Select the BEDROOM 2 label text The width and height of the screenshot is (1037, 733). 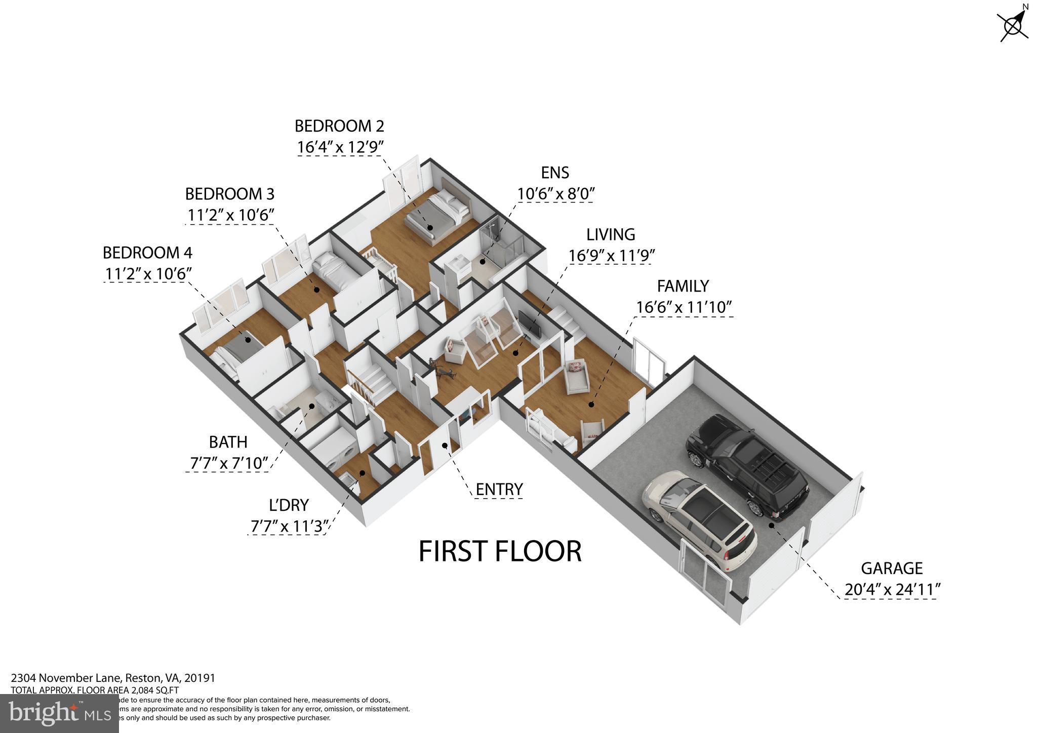coord(339,126)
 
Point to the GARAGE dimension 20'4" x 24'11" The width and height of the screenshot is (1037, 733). coord(892,590)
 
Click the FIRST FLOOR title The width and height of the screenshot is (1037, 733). coord(500,551)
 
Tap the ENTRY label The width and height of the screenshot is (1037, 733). coord(499,490)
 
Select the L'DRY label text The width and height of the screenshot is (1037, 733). coord(289,505)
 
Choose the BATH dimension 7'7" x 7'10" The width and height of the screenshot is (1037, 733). coord(228,463)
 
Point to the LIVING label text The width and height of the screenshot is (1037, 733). coord(611,234)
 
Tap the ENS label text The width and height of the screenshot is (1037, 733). coord(555,173)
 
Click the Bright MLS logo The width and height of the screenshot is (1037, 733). coord(59,713)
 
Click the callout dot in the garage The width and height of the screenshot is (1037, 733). coord(772,525)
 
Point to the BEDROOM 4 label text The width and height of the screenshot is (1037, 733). coord(147,252)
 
